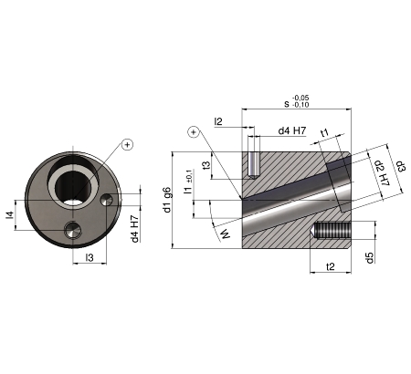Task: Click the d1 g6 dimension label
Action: pyautogui.click(x=167, y=200)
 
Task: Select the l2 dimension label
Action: pyautogui.click(x=218, y=121)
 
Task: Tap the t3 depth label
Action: pyautogui.click(x=207, y=165)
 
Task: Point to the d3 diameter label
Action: pyautogui.click(x=401, y=166)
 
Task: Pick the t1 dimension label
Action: pyautogui.click(x=325, y=132)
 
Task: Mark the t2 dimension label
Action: pyautogui.click(x=331, y=266)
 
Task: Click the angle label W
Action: pyautogui.click(x=226, y=234)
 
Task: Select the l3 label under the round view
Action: pyautogui.click(x=90, y=258)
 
